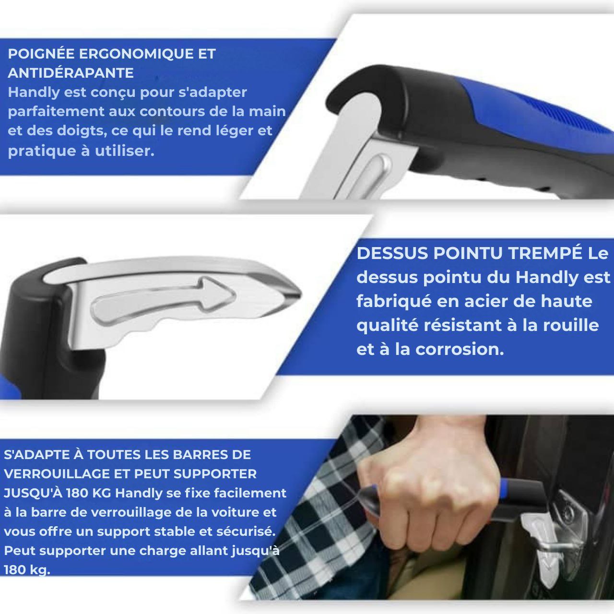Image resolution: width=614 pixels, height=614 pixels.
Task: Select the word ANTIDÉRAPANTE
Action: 71,73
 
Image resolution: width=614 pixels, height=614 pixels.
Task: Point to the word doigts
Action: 74,131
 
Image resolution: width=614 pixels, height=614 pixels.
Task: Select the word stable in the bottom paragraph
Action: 188,531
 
